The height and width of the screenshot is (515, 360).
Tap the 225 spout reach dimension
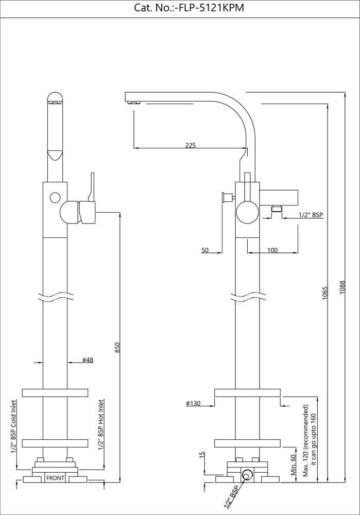[190, 145]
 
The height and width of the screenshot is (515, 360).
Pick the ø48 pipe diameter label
[88, 360]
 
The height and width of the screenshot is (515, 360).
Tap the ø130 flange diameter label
[193, 403]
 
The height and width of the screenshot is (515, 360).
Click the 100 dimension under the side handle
[272, 250]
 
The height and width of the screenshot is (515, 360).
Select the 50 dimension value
[205, 250]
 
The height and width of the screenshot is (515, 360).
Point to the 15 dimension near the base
[202, 455]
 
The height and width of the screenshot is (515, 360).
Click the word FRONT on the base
[55, 478]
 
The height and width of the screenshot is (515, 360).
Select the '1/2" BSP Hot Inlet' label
[101, 425]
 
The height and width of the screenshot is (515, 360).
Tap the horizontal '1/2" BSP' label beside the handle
[311, 215]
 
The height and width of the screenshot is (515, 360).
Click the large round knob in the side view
[247, 212]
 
